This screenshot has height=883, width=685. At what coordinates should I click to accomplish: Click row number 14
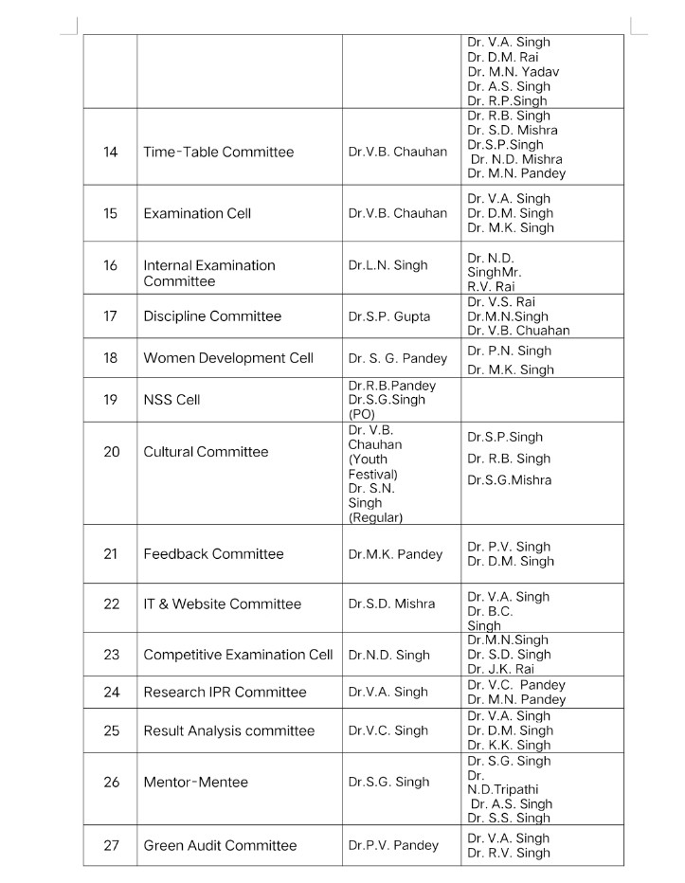(x=111, y=152)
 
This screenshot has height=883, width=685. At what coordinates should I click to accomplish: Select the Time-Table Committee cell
(x=218, y=152)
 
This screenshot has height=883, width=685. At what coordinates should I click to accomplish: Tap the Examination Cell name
(x=197, y=213)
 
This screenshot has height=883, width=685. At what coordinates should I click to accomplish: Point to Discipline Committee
(x=212, y=316)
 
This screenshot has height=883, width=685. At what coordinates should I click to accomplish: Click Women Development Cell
(x=227, y=358)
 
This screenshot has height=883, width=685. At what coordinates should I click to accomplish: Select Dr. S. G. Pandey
(x=396, y=358)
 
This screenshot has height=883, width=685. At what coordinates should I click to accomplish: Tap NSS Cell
(x=171, y=400)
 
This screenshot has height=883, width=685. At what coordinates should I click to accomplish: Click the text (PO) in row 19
(x=362, y=414)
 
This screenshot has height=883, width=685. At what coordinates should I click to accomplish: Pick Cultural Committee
(x=206, y=452)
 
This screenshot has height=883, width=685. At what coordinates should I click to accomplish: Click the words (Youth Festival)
(x=372, y=467)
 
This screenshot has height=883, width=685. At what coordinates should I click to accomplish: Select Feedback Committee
(x=213, y=554)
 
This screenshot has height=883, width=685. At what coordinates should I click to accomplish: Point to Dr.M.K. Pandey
(x=394, y=554)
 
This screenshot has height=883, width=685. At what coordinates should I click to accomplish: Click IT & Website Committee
(x=222, y=604)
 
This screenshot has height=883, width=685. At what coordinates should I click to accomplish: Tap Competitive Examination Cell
(x=238, y=655)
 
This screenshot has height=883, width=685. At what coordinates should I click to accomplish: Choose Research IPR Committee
(x=225, y=693)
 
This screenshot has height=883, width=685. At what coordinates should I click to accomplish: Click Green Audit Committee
(x=220, y=846)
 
